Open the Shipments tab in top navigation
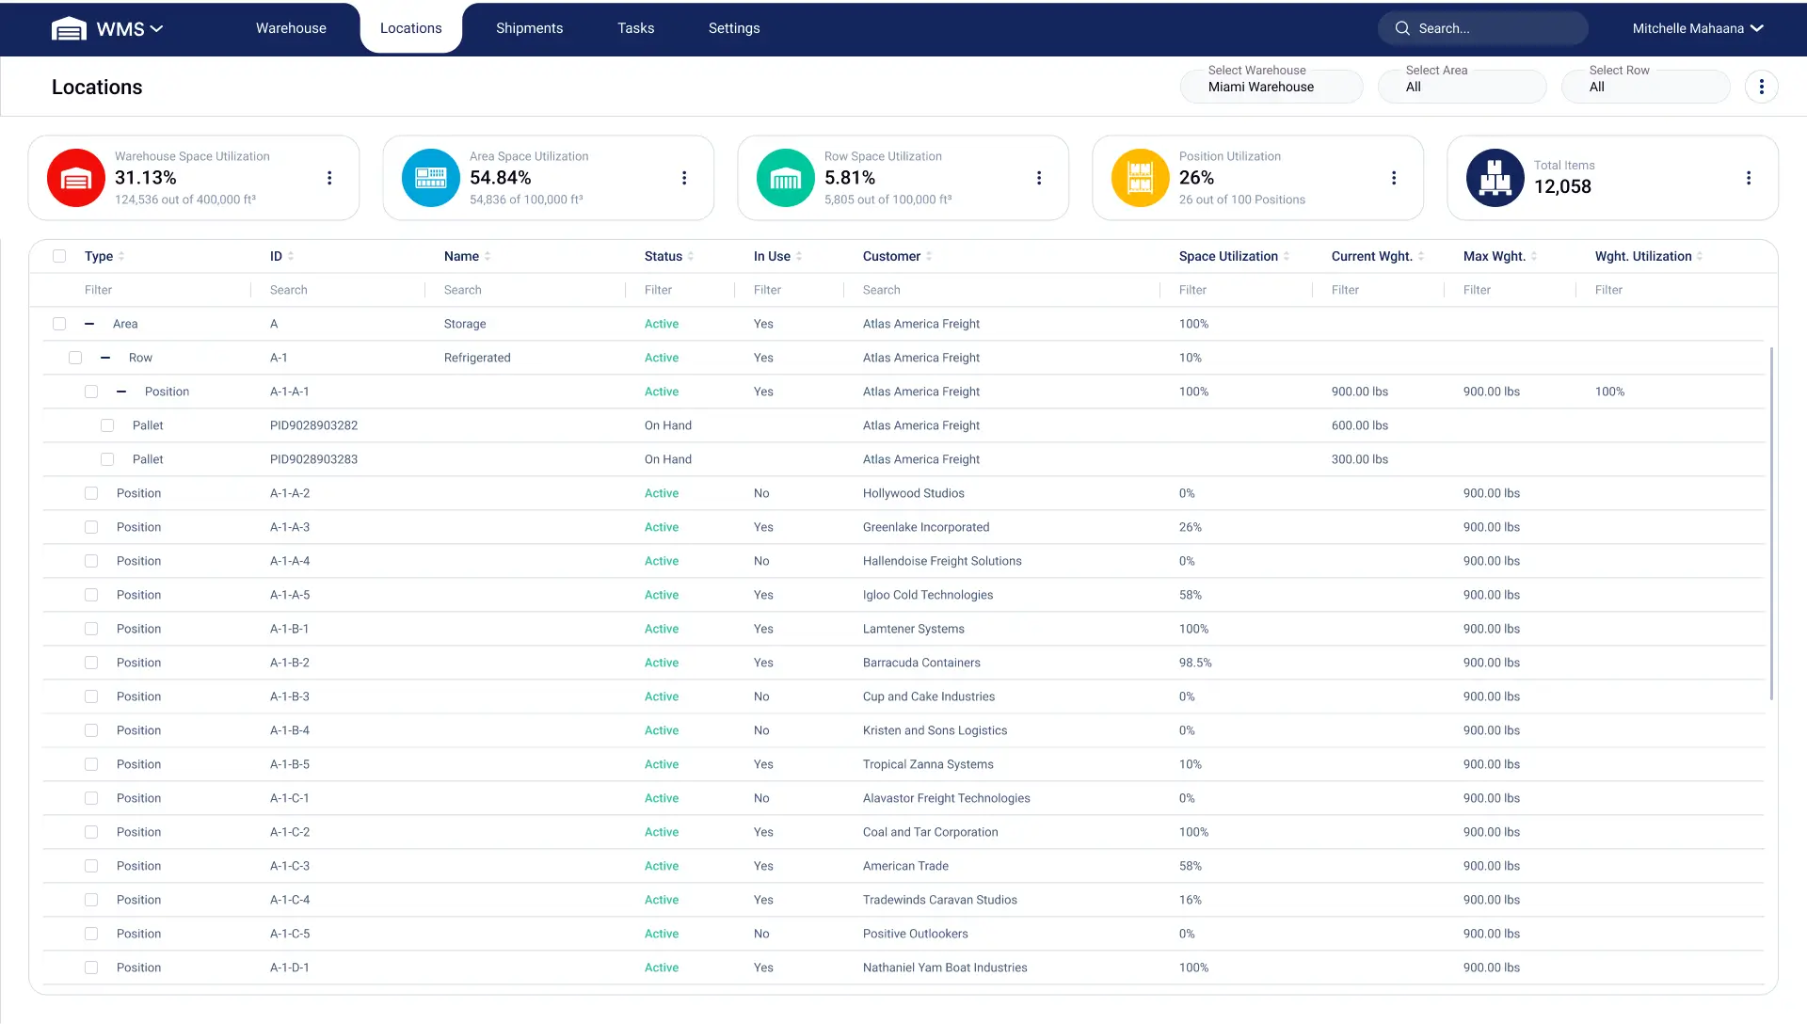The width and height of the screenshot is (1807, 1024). click(x=529, y=28)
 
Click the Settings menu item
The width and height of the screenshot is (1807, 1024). click(x=733, y=28)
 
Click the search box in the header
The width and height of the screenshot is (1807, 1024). click(x=1492, y=28)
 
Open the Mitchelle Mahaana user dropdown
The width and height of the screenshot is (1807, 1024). click(x=1697, y=28)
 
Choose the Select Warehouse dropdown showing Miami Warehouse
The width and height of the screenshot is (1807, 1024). click(x=1271, y=86)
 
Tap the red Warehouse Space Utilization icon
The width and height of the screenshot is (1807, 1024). click(x=76, y=178)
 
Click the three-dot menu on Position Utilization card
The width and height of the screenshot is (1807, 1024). click(x=1393, y=178)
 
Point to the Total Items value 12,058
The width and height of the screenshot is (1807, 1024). click(x=1562, y=186)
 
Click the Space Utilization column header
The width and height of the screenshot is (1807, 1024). click(x=1227, y=256)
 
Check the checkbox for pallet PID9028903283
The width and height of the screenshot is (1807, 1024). click(x=107, y=459)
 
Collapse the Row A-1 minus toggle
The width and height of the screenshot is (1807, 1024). click(x=105, y=358)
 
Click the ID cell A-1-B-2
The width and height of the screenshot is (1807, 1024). click(x=289, y=663)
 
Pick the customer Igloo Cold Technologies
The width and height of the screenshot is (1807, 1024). click(x=927, y=595)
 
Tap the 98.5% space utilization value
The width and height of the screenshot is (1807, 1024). click(x=1194, y=663)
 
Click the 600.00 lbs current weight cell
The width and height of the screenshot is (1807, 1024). click(x=1359, y=425)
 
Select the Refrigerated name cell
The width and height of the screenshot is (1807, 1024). click(x=477, y=358)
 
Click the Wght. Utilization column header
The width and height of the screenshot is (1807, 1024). click(x=1642, y=256)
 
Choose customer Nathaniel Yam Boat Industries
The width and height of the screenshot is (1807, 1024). click(x=944, y=968)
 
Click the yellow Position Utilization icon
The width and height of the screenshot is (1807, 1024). click(x=1140, y=178)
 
